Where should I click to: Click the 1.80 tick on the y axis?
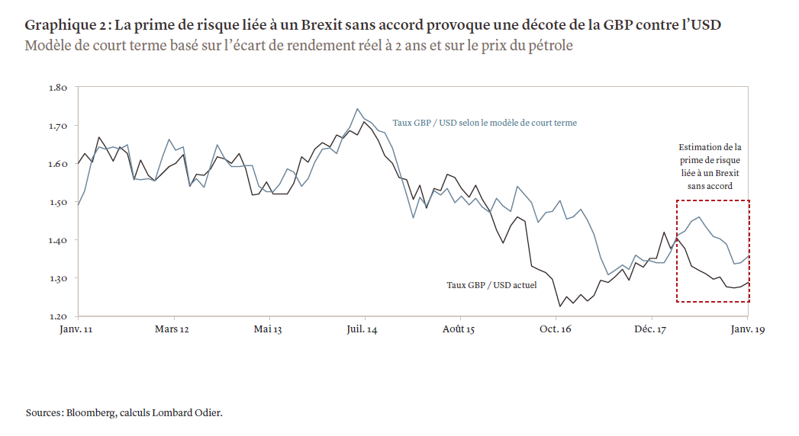click(x=58, y=88)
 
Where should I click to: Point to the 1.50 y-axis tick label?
click(x=58, y=202)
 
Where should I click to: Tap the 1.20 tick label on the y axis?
click(x=58, y=316)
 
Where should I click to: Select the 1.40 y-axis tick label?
click(x=58, y=240)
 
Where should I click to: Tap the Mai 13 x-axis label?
click(x=269, y=329)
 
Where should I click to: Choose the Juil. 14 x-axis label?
click(x=363, y=329)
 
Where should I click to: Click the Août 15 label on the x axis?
click(x=459, y=329)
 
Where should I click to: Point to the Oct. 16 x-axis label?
click(x=555, y=329)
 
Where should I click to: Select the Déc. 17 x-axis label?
click(x=651, y=329)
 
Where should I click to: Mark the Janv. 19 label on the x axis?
click(x=746, y=329)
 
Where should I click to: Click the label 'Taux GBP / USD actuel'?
click(x=491, y=285)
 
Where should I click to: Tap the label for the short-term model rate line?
click(x=485, y=122)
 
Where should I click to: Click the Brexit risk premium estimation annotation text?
click(x=710, y=166)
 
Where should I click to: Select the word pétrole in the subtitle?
click(x=548, y=45)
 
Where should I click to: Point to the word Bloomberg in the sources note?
click(x=91, y=413)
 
